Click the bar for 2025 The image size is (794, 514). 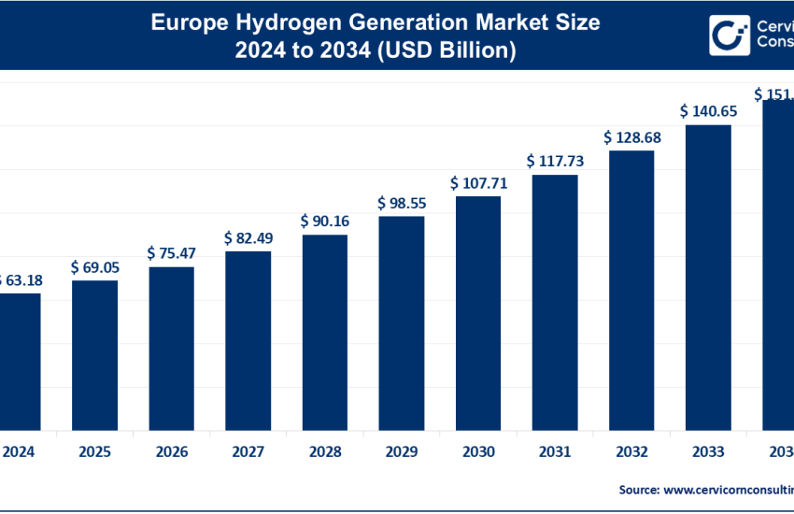point(95,354)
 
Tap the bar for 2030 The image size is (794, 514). point(478,312)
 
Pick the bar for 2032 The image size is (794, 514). point(631,290)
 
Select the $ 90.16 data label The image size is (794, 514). point(324,221)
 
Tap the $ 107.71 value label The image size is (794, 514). point(478,183)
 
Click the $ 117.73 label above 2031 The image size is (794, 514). point(555,161)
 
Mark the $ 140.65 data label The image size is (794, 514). point(708,110)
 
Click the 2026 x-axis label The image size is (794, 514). point(172,451)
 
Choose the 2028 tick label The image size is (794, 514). point(325,451)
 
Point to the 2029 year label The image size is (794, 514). point(402,451)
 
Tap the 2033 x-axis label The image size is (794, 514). point(708,451)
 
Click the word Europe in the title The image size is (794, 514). point(183,21)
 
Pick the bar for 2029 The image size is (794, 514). point(402,322)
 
